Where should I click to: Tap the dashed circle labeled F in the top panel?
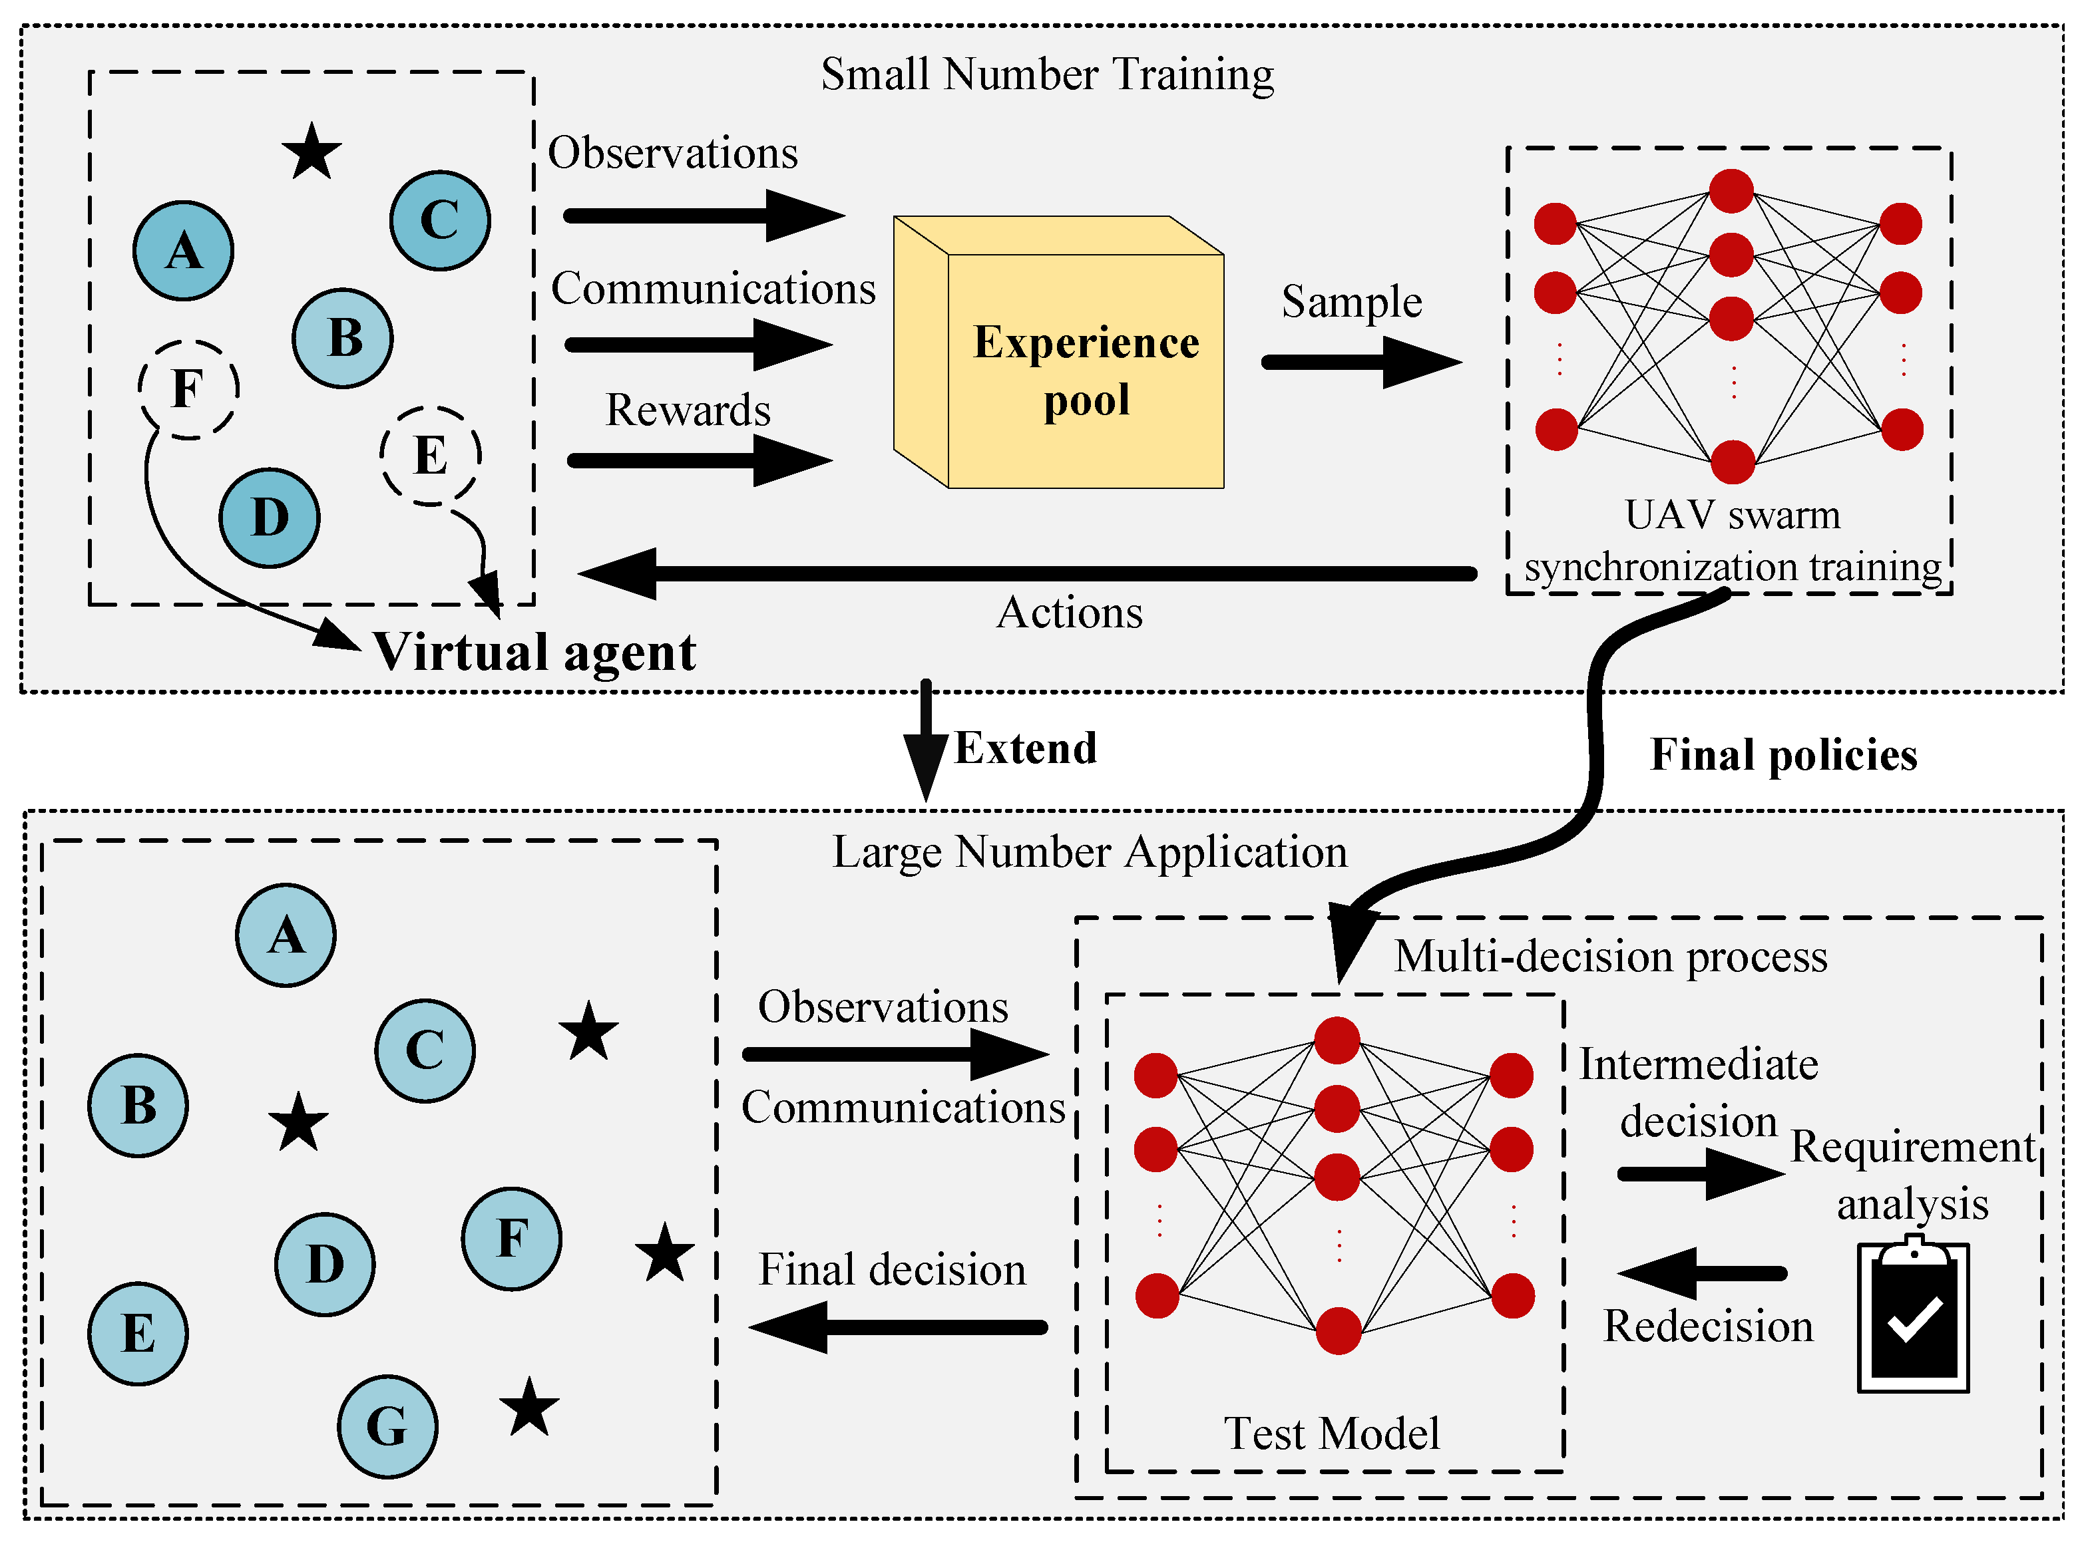[188, 389]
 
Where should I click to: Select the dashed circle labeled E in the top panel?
[431, 456]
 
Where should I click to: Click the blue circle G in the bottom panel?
[387, 1426]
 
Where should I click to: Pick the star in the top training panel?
[311, 152]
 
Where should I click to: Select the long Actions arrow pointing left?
[1027, 573]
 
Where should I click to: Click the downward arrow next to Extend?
[925, 742]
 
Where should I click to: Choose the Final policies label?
[1782, 754]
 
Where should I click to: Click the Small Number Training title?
[1047, 75]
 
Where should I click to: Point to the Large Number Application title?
[1089, 851]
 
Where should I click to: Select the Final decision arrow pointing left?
[897, 1326]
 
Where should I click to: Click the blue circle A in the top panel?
[184, 250]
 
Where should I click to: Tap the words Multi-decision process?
[1610, 957]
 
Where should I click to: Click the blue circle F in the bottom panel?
[512, 1239]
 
